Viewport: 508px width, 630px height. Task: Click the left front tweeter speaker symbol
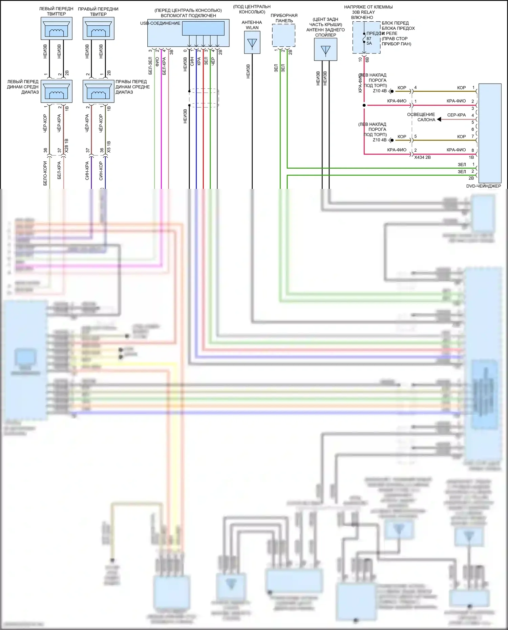(x=57, y=28)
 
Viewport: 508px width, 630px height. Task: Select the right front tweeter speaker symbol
(x=99, y=28)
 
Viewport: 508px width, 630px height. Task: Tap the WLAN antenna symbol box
(x=252, y=42)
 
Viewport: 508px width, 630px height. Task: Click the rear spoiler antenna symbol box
(x=325, y=49)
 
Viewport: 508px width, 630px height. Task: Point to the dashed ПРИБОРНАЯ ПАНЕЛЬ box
(x=283, y=36)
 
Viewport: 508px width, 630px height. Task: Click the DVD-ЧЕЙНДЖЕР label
(x=483, y=186)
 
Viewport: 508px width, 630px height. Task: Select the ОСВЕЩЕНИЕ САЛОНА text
(x=421, y=117)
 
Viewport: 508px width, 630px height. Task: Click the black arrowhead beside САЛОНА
(x=439, y=120)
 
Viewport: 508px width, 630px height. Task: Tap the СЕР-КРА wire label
(x=456, y=115)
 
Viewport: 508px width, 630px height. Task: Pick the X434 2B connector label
(x=422, y=157)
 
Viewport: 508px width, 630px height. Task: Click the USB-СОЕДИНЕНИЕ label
(x=160, y=23)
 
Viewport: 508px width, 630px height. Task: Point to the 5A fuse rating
(x=369, y=43)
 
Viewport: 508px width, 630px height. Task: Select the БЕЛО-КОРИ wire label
(x=45, y=173)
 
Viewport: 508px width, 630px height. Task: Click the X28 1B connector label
(x=67, y=146)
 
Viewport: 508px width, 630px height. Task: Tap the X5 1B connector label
(x=109, y=147)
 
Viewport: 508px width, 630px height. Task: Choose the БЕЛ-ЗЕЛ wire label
(x=150, y=66)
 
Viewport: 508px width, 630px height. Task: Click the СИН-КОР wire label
(x=101, y=171)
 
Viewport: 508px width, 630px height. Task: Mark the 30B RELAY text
(x=363, y=12)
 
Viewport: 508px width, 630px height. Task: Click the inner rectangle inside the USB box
(x=203, y=28)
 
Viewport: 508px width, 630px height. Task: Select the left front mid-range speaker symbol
(x=57, y=91)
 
